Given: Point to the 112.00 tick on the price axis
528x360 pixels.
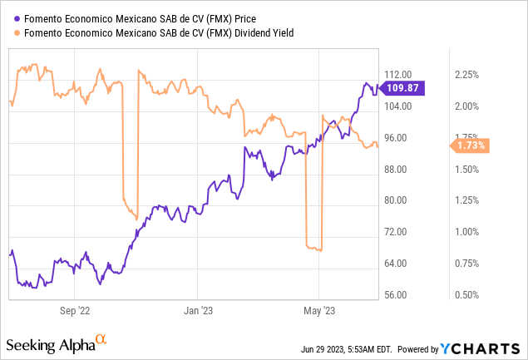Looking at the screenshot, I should point(398,75).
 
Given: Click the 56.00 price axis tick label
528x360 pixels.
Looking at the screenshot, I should point(398,295).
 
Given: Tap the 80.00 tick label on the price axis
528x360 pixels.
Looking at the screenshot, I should point(398,200).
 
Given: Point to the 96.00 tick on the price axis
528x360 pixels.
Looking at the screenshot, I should point(398,138).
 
